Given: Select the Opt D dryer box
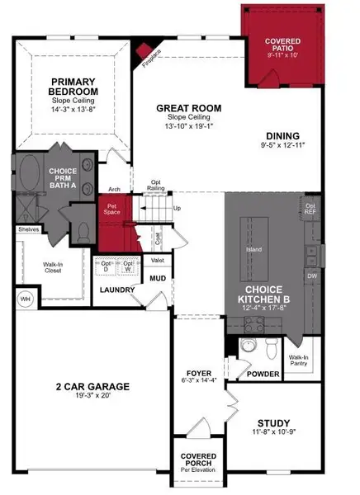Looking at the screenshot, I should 107,267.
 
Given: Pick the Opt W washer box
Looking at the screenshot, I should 129,267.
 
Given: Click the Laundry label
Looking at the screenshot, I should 117,290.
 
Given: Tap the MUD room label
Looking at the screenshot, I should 158,278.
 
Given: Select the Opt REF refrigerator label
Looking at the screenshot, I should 311,208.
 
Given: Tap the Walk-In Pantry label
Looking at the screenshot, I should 297,360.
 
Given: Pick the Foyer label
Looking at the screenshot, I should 198,372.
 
